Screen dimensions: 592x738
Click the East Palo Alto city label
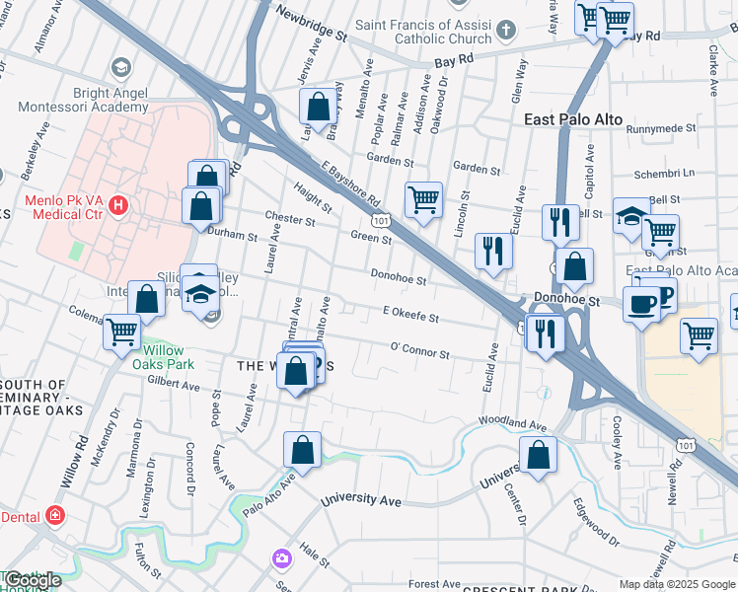pyautogui.click(x=573, y=119)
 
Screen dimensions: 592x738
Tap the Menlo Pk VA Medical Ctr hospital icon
pyautogui.click(x=118, y=206)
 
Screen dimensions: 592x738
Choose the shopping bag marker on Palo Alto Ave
pyautogui.click(x=303, y=449)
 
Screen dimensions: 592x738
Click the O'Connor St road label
pyautogui.click(x=419, y=351)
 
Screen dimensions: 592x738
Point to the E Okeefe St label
pyautogui.click(x=409, y=315)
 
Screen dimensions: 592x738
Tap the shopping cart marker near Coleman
pyautogui.click(x=123, y=332)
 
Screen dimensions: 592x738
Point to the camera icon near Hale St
pyautogui.click(x=283, y=558)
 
